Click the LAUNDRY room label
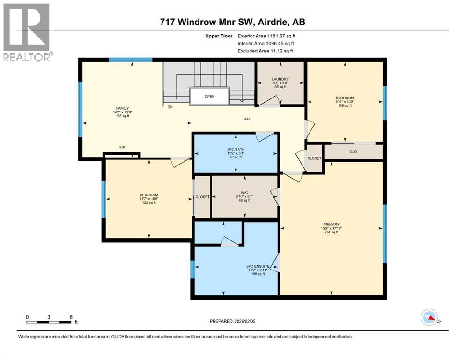tap(280, 79)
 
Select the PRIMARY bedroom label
tap(333, 224)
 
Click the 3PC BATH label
tap(236, 150)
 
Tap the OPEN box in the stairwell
tap(209, 96)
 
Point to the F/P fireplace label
tap(122, 147)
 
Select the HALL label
tap(248, 119)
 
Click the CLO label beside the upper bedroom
tap(354, 152)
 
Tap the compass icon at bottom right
tap(430, 317)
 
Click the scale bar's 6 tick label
tap(70, 317)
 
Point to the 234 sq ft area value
tap(333, 232)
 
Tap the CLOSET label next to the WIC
tap(202, 197)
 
